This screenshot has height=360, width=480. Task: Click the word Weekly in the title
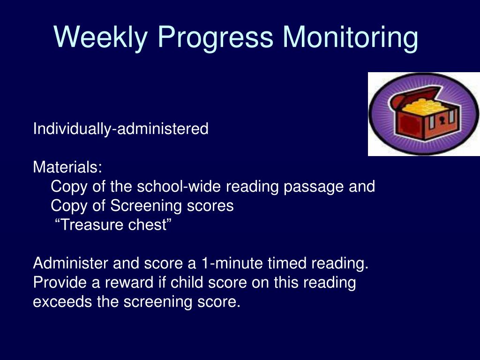click(101, 37)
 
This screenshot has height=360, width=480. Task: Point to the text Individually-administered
click(120, 128)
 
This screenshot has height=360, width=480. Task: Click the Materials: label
click(67, 167)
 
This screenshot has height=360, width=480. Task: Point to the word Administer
click(70, 263)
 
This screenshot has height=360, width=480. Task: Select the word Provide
click(60, 282)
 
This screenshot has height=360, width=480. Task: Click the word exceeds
click(62, 302)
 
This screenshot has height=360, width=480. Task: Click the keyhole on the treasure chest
click(442, 120)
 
